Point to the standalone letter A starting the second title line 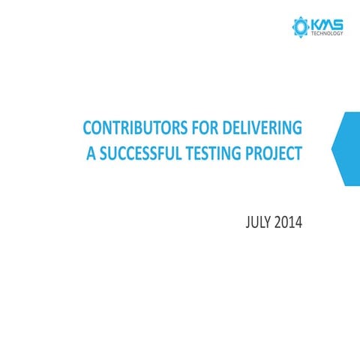[x=91, y=154]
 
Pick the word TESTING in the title [x=219, y=154]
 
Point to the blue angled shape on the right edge [x=346, y=148]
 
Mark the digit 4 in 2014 [x=298, y=223]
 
